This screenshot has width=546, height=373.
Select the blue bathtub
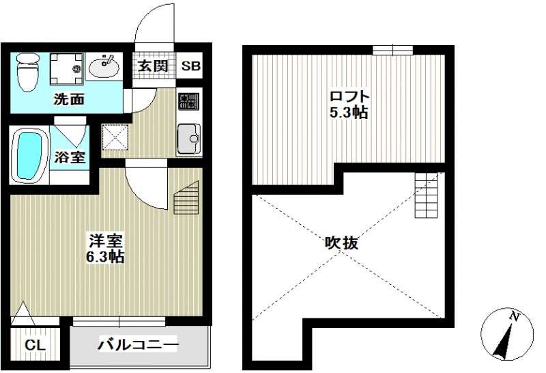(29, 154)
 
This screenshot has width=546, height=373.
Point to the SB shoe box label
(190, 66)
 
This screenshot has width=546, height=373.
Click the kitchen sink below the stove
(187, 141)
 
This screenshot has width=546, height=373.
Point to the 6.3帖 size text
(106, 258)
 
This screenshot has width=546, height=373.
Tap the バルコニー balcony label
(137, 344)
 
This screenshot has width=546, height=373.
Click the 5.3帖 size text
(349, 113)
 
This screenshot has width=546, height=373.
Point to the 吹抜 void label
(341, 243)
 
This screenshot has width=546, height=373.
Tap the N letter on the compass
(517, 316)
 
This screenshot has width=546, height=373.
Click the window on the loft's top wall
(392, 49)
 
